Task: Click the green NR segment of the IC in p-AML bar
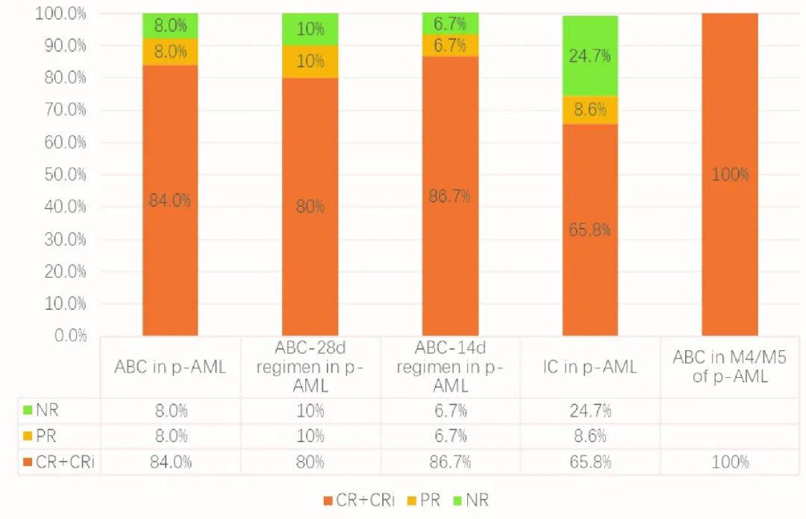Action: coord(590,56)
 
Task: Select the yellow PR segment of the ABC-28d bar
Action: coord(310,61)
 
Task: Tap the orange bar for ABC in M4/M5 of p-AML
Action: coord(730,174)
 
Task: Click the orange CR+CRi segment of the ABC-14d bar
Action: coord(450,196)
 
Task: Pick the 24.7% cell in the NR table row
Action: coord(590,410)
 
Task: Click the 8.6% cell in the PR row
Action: coord(590,436)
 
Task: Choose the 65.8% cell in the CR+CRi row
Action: coord(590,461)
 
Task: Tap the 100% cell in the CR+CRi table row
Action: coord(730,461)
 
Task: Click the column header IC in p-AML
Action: coord(590,367)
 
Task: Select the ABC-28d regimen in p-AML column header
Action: coord(310,367)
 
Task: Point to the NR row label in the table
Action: coord(45,410)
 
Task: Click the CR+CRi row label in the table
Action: coord(60,461)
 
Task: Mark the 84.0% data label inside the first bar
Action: coord(170,200)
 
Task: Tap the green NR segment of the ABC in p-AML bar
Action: coord(170,25)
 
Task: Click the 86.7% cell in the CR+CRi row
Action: coord(450,461)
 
